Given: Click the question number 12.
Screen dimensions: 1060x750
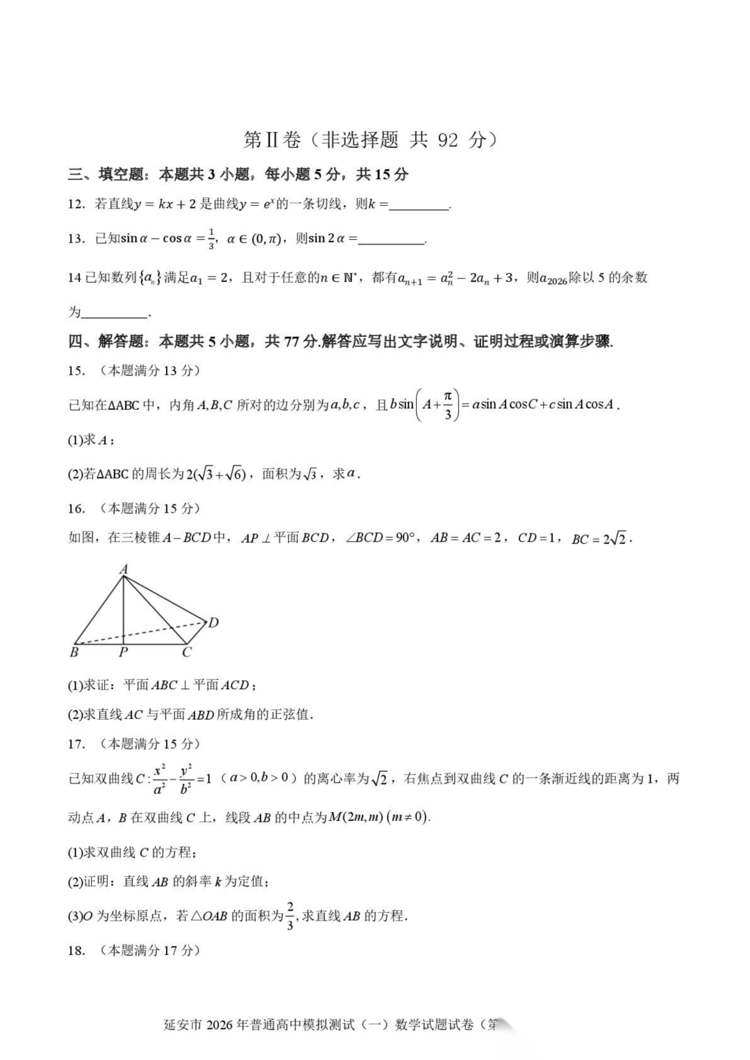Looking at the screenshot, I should pos(76,204).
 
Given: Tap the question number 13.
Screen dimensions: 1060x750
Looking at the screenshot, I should pos(76,239).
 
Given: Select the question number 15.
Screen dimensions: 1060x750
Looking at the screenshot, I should pos(76,371).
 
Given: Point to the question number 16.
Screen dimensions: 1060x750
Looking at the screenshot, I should pos(76,509).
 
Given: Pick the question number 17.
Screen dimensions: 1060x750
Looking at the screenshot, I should pos(76,745).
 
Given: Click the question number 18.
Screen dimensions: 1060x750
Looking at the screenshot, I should pos(76,951).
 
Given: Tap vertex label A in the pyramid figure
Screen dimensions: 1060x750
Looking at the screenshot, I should pos(124,570).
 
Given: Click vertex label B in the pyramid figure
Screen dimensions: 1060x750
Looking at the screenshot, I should pos(74,653).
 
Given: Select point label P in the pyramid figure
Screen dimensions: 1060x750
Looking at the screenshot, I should pos(123,653).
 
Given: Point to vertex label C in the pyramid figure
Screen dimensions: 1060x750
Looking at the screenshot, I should pos(186,653).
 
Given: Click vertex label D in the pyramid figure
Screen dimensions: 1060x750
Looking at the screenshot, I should pos(213,622).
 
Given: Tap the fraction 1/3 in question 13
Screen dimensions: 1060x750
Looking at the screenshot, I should pos(211,239).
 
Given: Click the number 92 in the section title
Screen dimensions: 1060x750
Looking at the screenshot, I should pos(448,140).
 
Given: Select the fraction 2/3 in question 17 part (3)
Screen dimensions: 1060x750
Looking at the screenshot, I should pos(290,916).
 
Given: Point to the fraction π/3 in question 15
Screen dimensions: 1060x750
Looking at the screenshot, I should pos(448,405).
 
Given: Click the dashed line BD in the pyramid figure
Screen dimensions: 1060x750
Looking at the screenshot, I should pos(139,633).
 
